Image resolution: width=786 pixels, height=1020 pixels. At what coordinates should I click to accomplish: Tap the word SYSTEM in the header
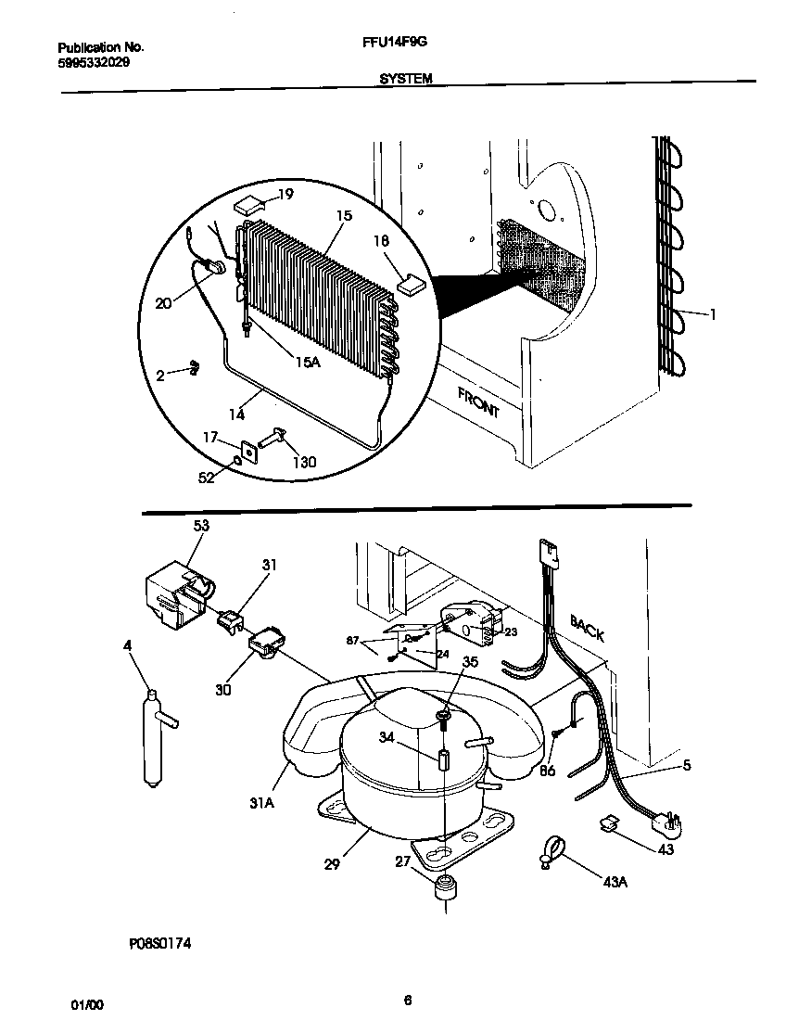tap(405, 80)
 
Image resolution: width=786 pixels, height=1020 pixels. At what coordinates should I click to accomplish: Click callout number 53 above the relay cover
tap(201, 526)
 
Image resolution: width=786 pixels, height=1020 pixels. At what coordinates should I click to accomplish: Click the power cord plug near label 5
tap(670, 822)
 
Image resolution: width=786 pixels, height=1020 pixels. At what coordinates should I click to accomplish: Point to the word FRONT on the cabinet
tap(478, 402)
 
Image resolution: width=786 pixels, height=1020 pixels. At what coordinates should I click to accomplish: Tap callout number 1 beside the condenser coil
tap(713, 314)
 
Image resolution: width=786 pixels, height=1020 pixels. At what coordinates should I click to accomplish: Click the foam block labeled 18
tap(409, 281)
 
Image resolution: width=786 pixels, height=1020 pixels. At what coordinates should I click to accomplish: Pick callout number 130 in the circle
tap(304, 463)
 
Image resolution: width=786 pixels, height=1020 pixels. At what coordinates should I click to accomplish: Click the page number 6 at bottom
tap(408, 1000)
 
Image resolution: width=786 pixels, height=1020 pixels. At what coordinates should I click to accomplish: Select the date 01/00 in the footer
tap(82, 1004)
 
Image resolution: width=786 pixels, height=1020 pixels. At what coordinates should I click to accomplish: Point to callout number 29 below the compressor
tap(332, 864)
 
